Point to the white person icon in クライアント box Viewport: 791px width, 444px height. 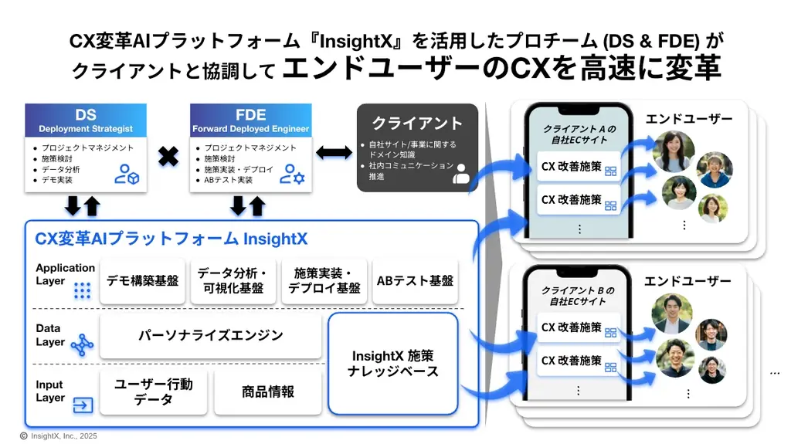click(x=461, y=173)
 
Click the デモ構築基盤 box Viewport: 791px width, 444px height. click(x=143, y=281)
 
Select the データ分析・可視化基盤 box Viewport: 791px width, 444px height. click(x=231, y=281)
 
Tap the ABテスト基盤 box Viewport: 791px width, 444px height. click(x=415, y=281)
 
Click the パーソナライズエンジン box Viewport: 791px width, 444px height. click(x=210, y=336)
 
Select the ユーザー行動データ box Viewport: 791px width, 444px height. click(x=153, y=391)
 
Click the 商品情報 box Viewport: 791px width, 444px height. click(x=267, y=391)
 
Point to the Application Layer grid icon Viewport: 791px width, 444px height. click(x=83, y=290)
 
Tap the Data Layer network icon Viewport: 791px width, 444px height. click(x=82, y=345)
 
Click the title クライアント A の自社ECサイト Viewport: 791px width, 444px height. click(x=579, y=134)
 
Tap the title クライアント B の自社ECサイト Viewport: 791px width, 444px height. click(x=578, y=295)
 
